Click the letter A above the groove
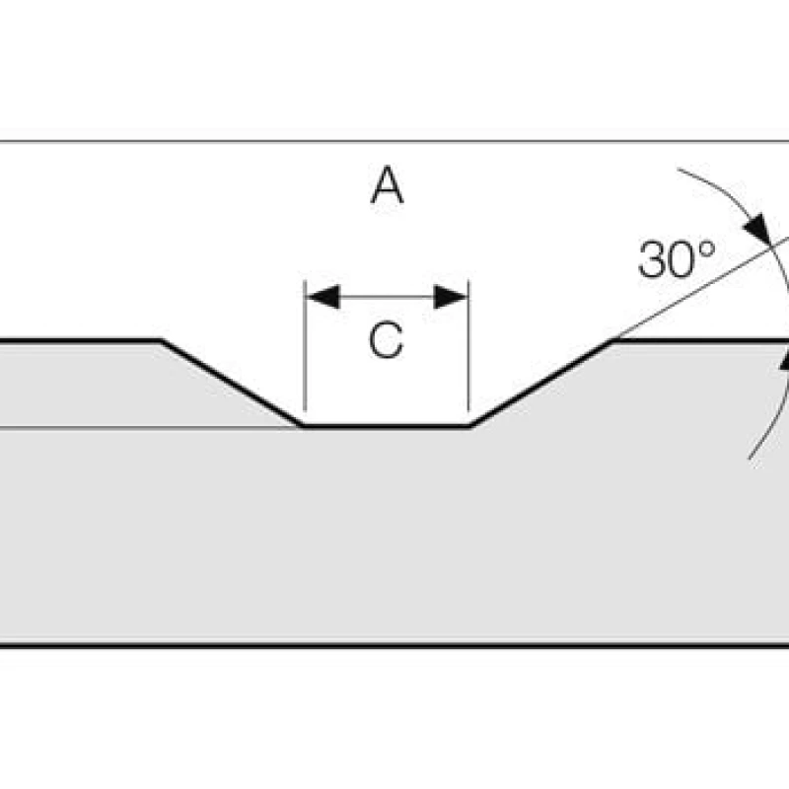click(x=387, y=185)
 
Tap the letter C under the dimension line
click(x=386, y=341)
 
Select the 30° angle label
click(x=676, y=259)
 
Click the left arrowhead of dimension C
click(x=322, y=296)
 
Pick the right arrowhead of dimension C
click(x=451, y=296)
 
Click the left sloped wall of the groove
click(x=232, y=384)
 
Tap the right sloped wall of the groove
click(x=540, y=384)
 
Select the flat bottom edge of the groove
click(x=386, y=426)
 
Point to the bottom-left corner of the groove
click(x=303, y=426)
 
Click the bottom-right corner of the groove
click(x=469, y=426)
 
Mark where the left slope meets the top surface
click(x=162, y=341)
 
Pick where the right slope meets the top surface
click(x=613, y=341)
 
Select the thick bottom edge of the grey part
click(x=394, y=646)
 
